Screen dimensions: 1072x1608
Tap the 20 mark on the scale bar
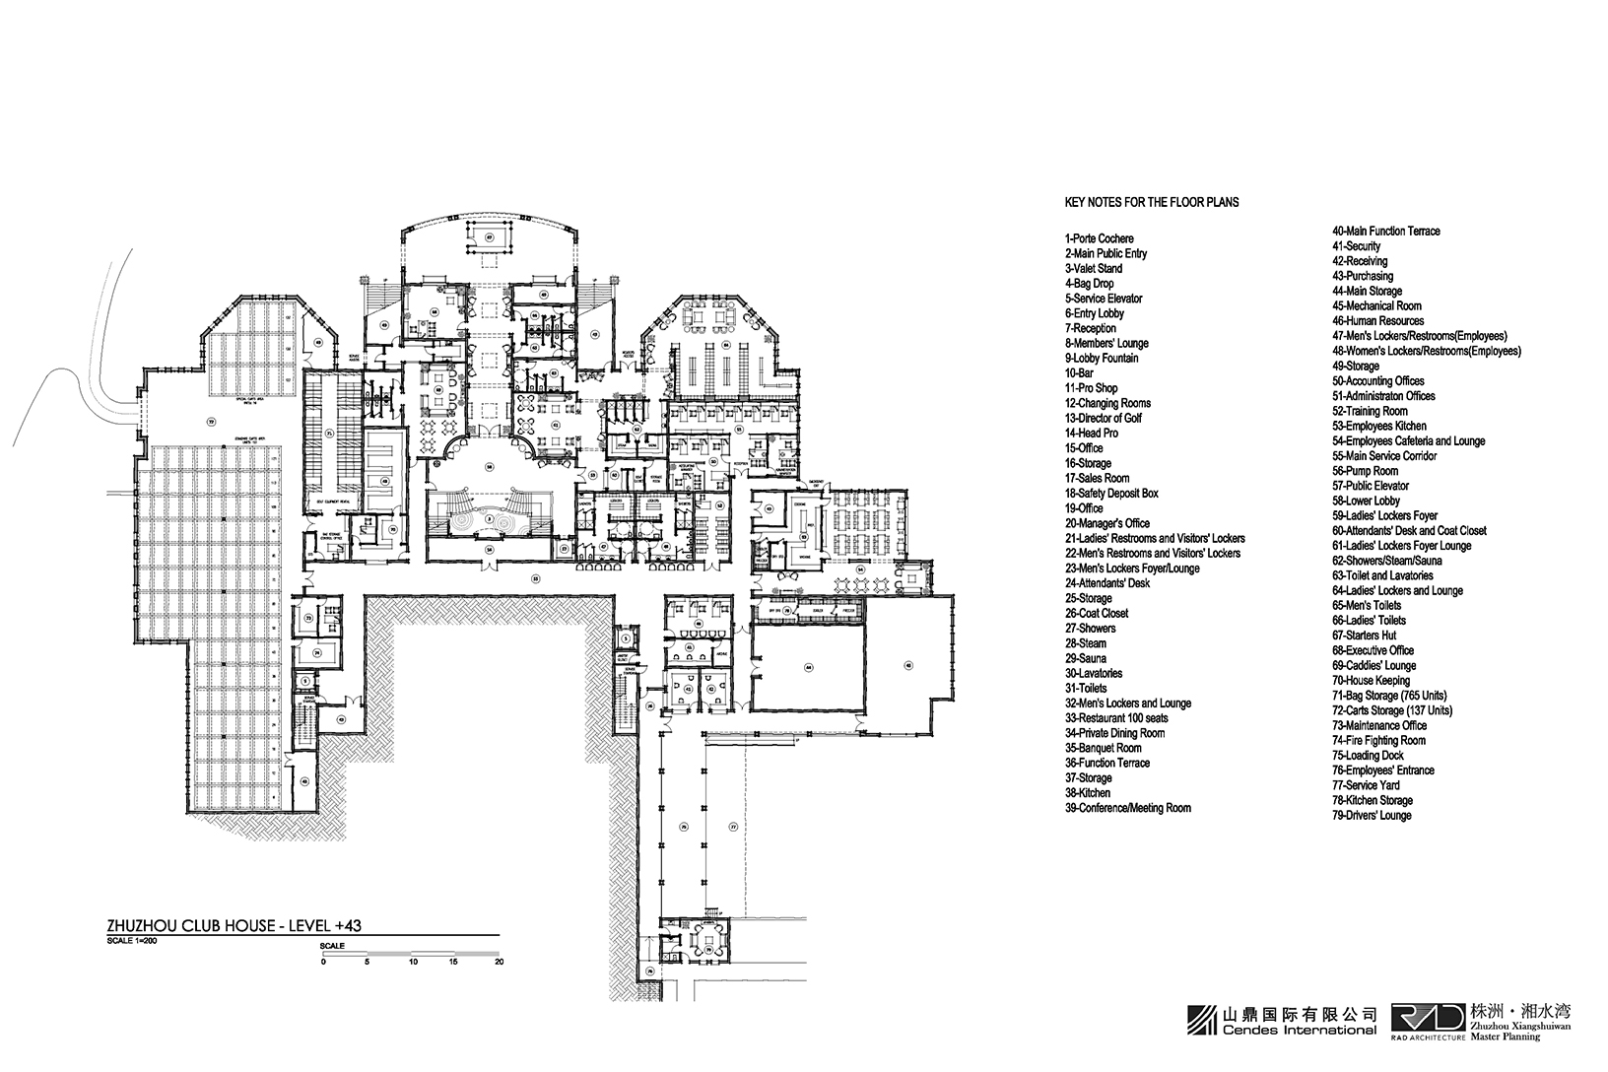point(500,962)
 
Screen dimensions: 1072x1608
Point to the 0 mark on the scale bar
point(323,962)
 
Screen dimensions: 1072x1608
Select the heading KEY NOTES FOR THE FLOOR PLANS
point(1152,202)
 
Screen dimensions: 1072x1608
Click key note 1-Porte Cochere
point(1099,238)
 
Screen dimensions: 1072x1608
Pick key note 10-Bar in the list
point(1079,373)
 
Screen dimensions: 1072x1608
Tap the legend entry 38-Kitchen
point(1087,793)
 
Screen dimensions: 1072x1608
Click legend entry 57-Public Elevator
point(1371,486)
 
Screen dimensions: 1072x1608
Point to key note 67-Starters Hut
point(1364,636)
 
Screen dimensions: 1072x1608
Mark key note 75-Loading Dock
point(1368,756)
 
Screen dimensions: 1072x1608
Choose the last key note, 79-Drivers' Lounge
point(1372,816)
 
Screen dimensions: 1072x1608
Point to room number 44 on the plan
point(807,667)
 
